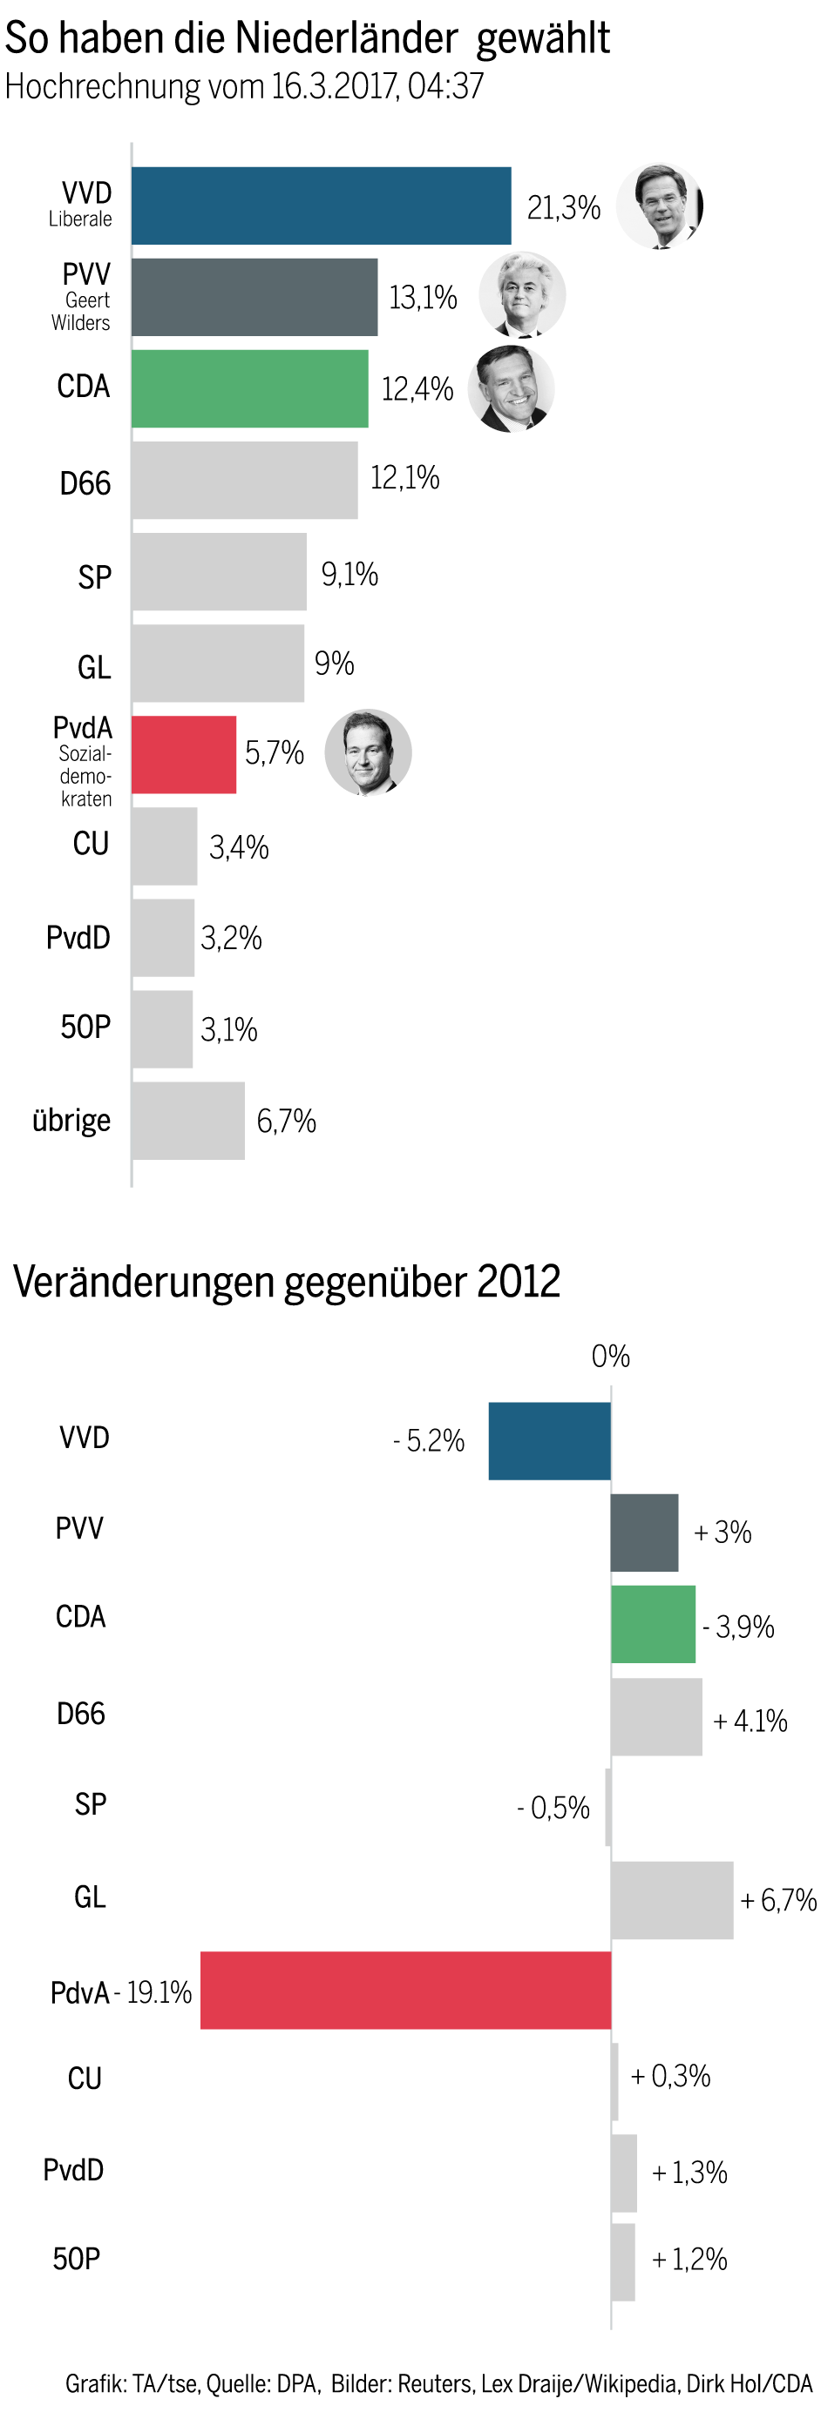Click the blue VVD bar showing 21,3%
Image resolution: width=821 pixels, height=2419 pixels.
(x=322, y=206)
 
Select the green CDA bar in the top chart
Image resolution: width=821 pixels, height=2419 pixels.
(x=250, y=388)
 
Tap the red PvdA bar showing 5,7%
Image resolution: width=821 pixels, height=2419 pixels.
(x=184, y=754)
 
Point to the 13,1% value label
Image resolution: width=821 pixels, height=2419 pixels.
(x=423, y=298)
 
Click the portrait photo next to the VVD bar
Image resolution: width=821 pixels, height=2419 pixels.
(x=660, y=206)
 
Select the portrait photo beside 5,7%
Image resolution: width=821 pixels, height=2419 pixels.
(x=368, y=752)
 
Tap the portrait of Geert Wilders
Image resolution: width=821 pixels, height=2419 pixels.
(x=522, y=295)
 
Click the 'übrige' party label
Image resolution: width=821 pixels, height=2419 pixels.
(x=71, y=1121)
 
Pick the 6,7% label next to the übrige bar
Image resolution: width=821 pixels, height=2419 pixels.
(x=287, y=1121)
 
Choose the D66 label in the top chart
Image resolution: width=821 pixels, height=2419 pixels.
(x=85, y=483)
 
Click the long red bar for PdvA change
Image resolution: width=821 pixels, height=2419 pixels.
(x=406, y=1990)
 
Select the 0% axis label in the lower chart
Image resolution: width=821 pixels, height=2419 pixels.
(x=611, y=1356)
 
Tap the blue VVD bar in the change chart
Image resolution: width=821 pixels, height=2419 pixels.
(x=550, y=1440)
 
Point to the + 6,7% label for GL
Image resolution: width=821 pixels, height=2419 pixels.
(x=778, y=1900)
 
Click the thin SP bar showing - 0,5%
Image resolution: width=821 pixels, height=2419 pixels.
(x=607, y=1807)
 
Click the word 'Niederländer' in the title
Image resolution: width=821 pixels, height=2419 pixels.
(x=346, y=38)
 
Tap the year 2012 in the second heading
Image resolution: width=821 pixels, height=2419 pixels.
(x=519, y=1281)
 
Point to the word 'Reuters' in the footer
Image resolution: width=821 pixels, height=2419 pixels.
(x=435, y=2382)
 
